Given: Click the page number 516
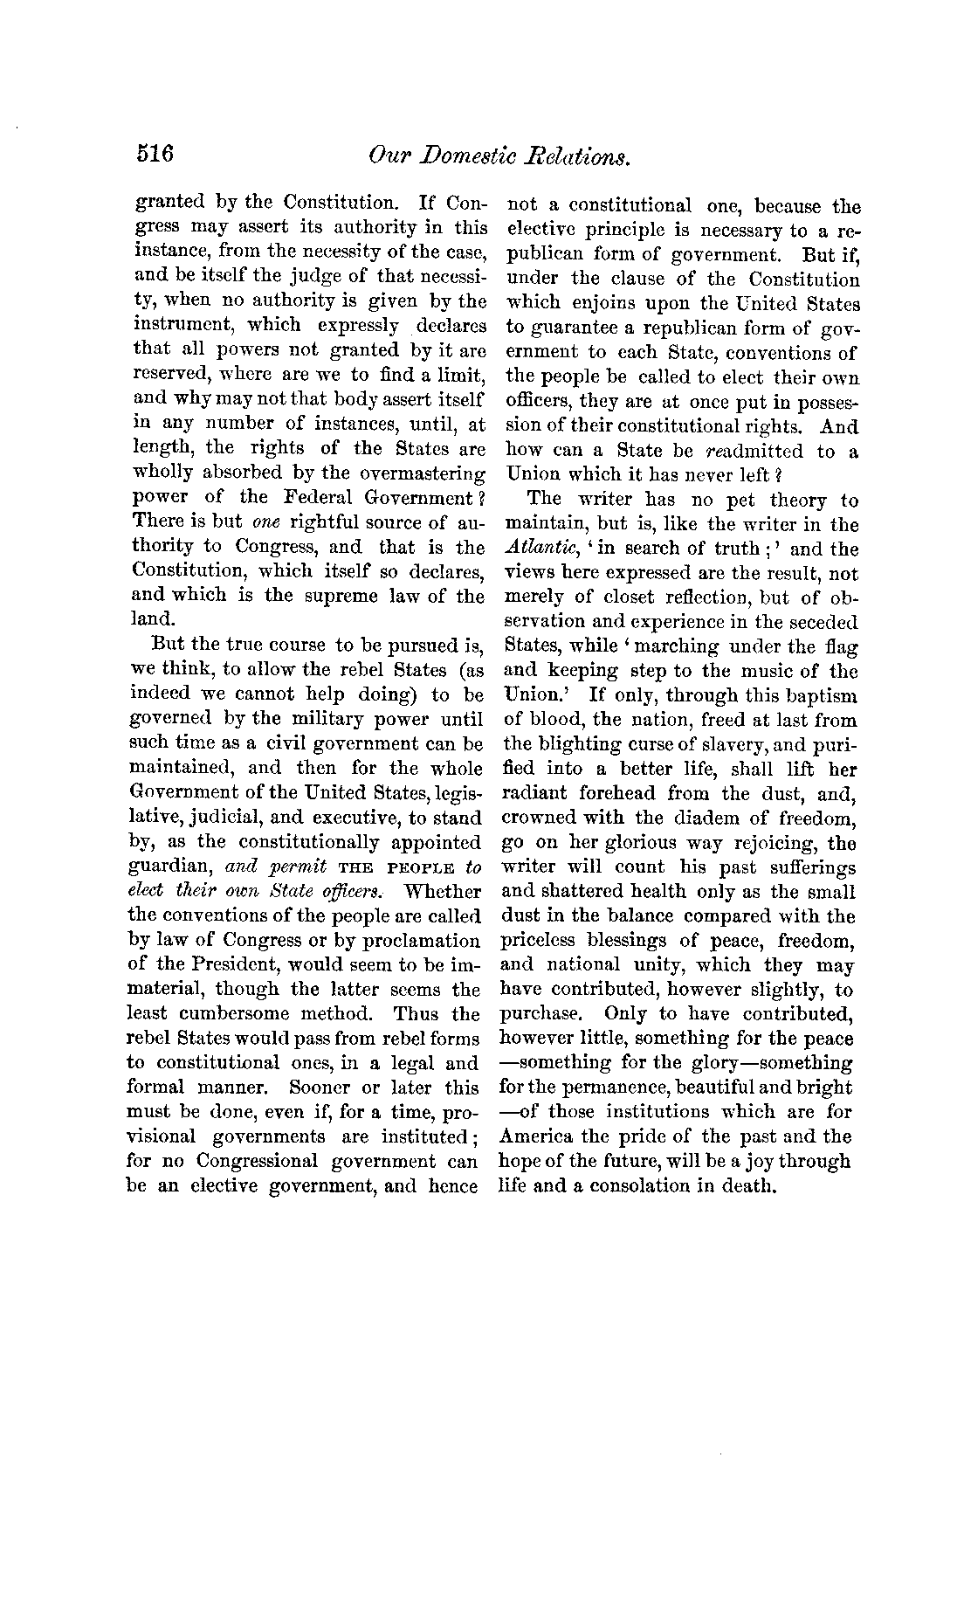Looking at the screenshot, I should pyautogui.click(x=156, y=155).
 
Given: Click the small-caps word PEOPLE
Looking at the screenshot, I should pyautogui.click(x=424, y=867).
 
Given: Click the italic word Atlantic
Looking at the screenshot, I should pyautogui.click(x=535, y=550).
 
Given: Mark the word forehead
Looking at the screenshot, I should pyautogui.click(x=616, y=794).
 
